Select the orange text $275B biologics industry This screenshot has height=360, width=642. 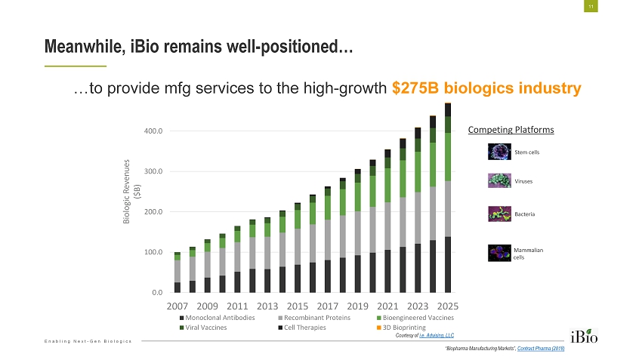486,88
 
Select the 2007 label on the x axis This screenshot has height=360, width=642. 177,306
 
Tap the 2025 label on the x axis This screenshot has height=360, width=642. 447,306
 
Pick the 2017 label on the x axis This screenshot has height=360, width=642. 328,306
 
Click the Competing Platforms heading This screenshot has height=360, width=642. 511,130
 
